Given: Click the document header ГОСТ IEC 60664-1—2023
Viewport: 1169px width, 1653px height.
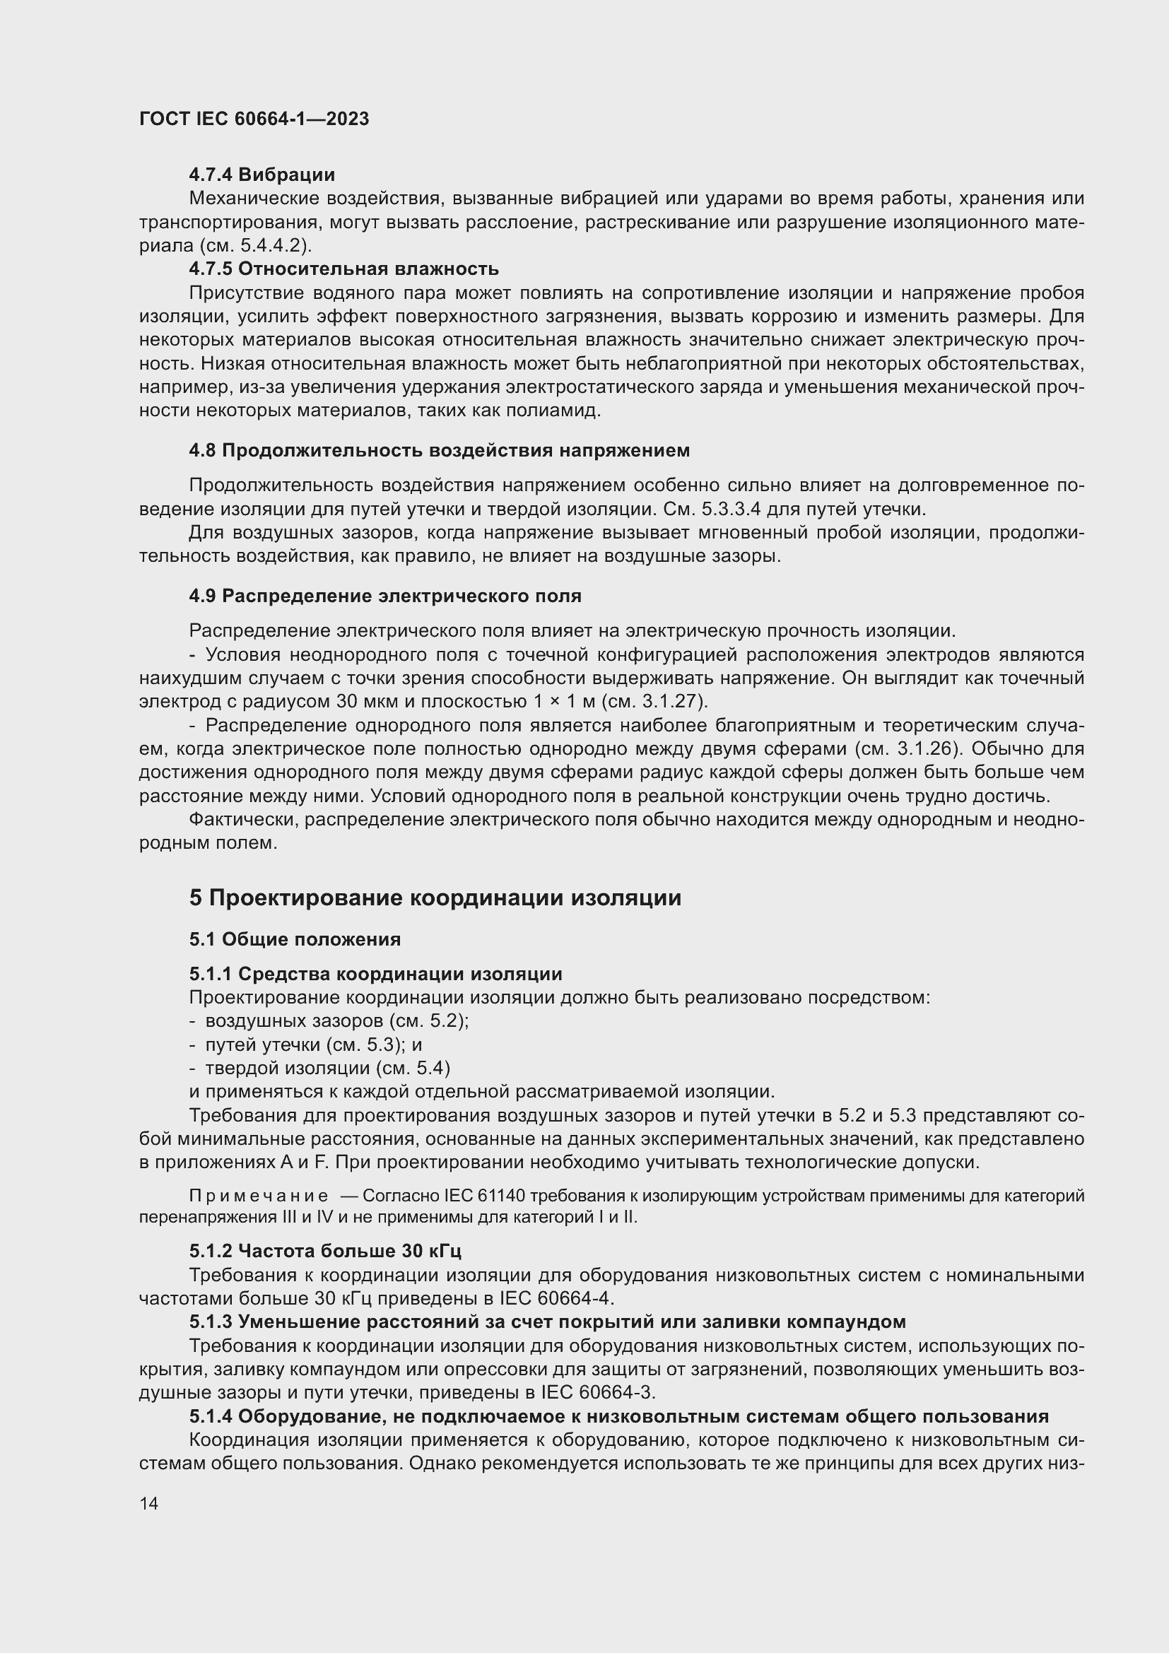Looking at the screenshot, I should [254, 119].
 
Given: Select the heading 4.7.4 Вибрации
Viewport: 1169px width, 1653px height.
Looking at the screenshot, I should [262, 175].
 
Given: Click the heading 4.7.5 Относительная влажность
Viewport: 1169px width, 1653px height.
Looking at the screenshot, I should [344, 269].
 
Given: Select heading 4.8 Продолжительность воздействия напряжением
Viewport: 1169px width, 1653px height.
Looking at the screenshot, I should [439, 451].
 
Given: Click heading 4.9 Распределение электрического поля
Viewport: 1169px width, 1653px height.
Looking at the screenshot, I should [385, 596].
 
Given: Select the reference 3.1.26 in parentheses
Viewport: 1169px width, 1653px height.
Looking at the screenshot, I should [928, 748].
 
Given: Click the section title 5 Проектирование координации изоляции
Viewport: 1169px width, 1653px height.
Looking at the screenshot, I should [435, 898].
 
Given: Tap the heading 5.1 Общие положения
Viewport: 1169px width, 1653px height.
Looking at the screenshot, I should [295, 939].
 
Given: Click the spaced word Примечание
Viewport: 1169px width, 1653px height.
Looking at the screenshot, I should [259, 1196].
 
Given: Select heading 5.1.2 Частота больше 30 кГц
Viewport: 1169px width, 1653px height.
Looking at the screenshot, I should [325, 1251].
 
